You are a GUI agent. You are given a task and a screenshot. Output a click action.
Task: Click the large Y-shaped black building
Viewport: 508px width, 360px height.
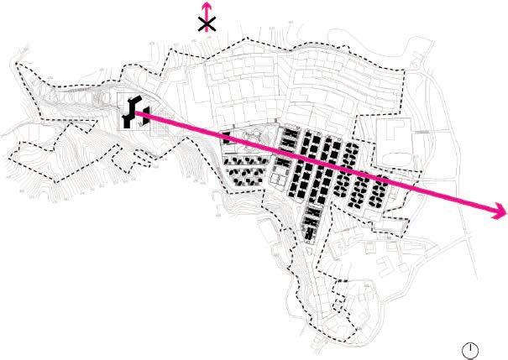(130, 112)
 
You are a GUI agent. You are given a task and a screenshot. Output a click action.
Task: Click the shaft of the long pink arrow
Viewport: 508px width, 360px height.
(336, 168)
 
